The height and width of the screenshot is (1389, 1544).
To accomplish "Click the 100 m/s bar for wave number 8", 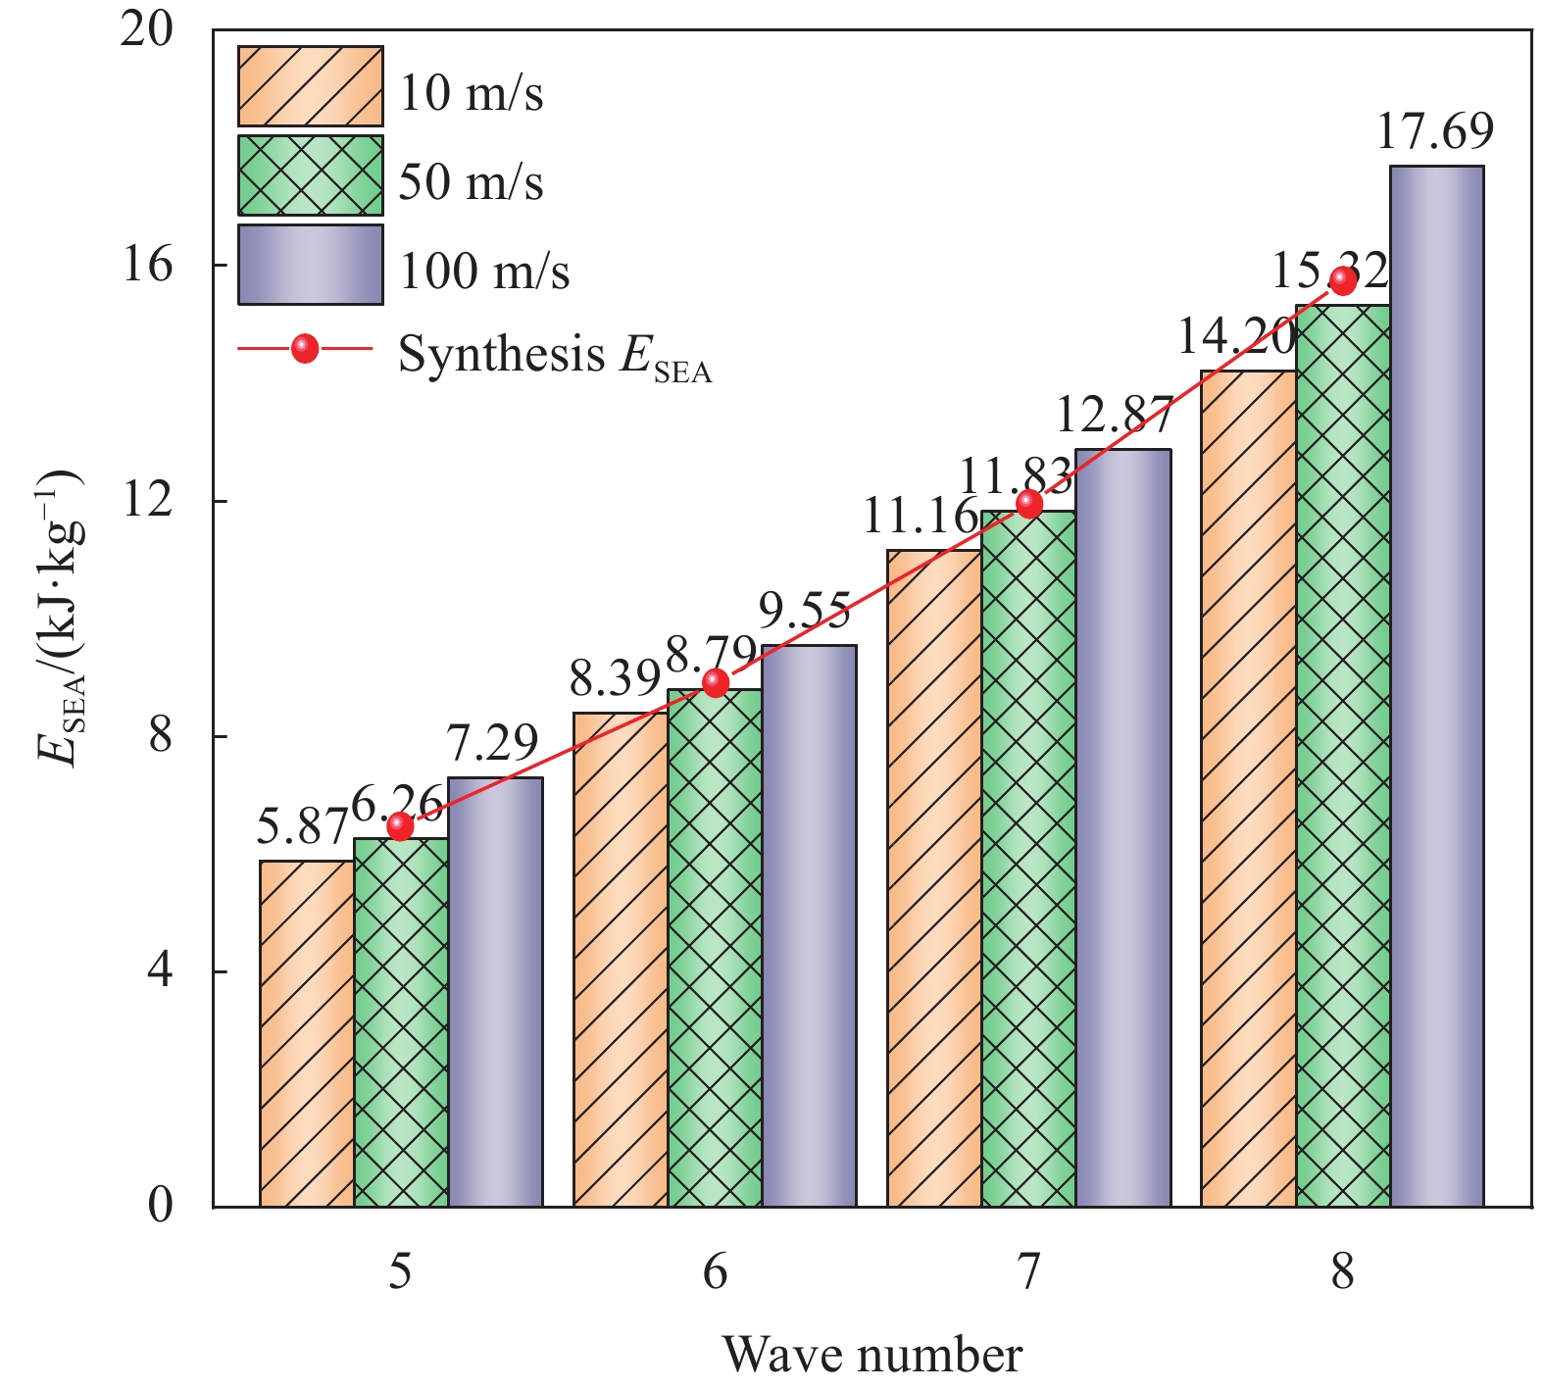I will point(1436,686).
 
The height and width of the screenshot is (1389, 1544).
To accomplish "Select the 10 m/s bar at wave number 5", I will point(307,1033).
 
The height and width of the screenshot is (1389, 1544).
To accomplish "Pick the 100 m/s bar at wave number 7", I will point(1122,828).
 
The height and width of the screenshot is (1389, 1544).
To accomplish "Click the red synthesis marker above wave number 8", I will point(1342,280).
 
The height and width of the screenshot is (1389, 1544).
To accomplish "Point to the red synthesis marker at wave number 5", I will point(400,826).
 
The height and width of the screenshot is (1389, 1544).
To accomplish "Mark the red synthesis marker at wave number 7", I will point(1028,504).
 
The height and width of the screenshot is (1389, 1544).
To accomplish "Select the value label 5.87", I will point(302,828).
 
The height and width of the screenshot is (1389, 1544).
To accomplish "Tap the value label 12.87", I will point(1114,416).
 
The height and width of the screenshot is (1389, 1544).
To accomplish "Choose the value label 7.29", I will point(492,744).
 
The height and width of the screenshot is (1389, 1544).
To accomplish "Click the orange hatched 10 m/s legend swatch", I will point(310,86).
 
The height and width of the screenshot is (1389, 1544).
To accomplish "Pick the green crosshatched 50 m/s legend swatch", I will point(310,175).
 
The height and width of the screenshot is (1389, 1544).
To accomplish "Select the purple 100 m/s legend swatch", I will point(310,265).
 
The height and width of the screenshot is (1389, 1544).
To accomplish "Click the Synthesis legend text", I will point(554,355).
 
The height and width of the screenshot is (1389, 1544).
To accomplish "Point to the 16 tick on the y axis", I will point(147,265).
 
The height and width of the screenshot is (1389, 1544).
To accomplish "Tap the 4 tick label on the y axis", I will point(160,970).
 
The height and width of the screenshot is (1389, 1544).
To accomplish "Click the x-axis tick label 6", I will point(715,1272).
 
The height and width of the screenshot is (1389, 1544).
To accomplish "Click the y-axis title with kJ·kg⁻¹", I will point(61,618).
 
